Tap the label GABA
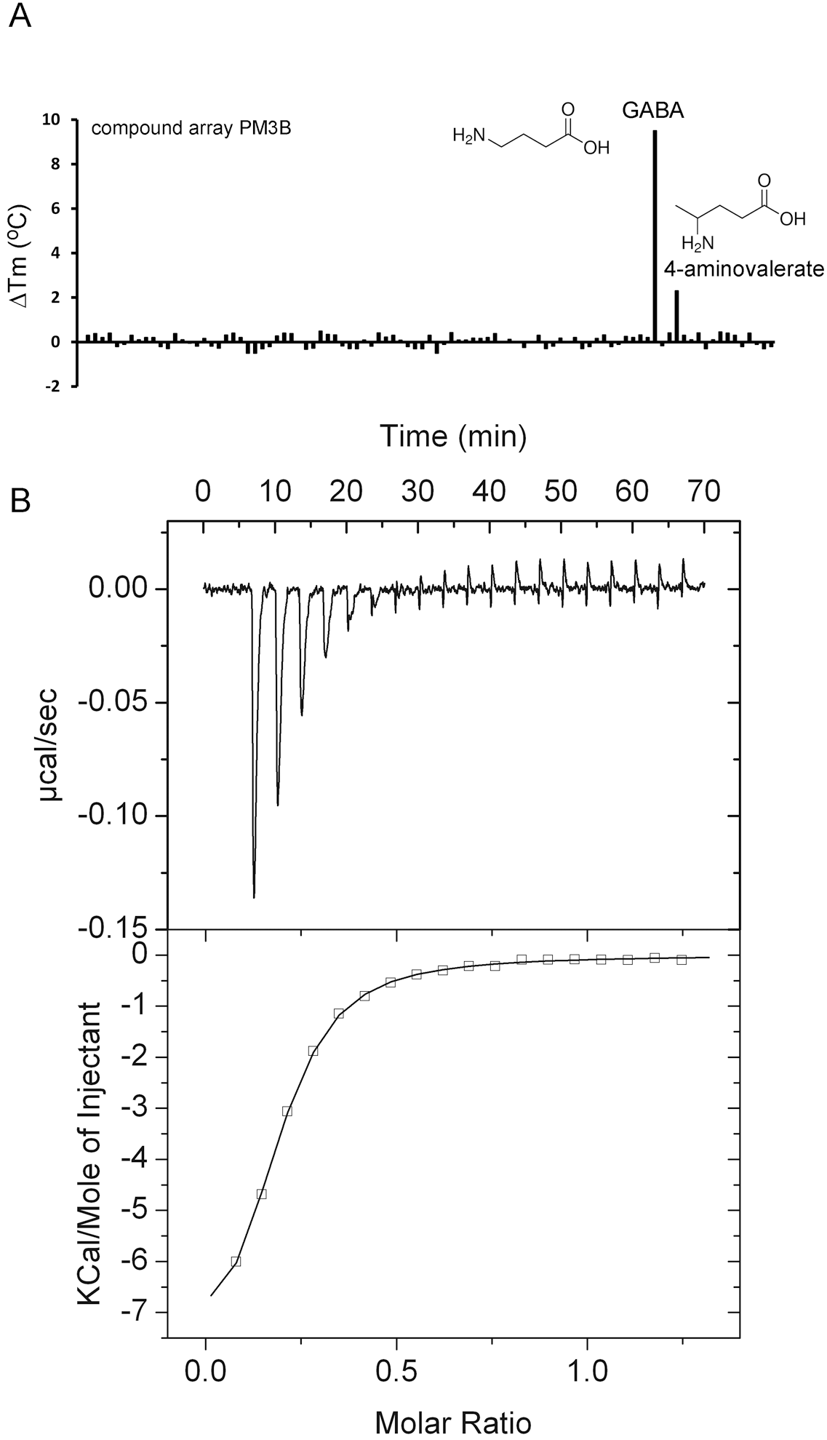coord(652,111)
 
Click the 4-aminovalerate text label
coord(743,269)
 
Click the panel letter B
coord(20,501)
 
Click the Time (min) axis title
coord(452,436)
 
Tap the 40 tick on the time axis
coord(489,491)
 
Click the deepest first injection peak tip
coord(254,896)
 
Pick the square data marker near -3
coord(287,1111)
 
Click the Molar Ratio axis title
coord(452,1417)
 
